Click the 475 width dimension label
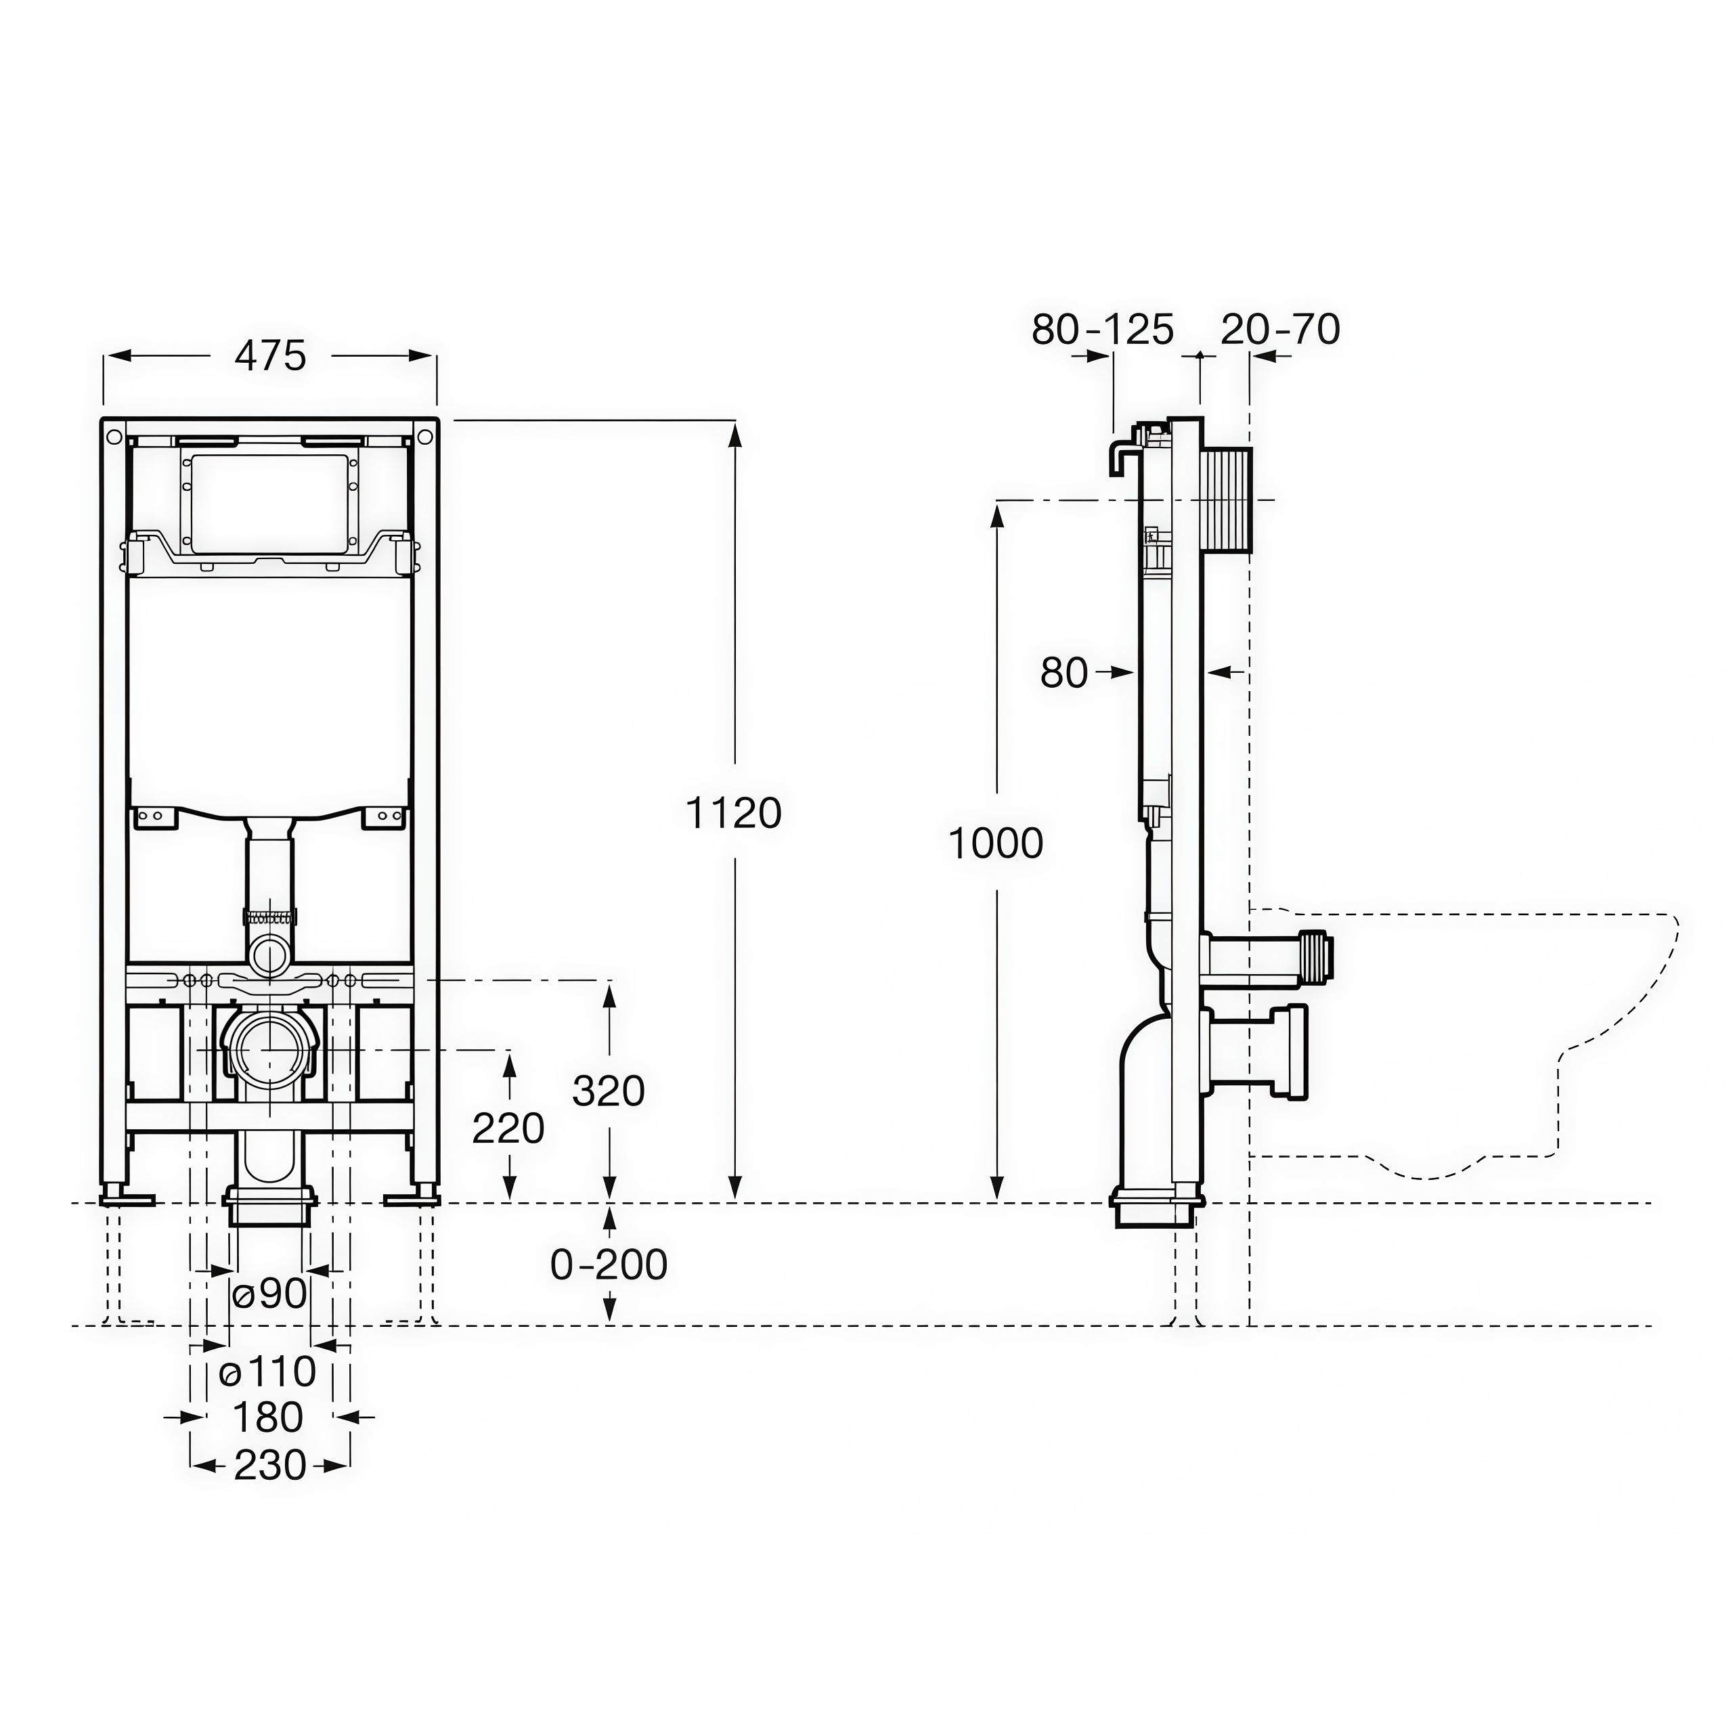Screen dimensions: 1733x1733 [270, 356]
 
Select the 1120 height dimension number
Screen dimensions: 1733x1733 [734, 814]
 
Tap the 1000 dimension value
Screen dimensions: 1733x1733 [996, 843]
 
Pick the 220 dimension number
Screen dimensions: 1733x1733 [508, 1128]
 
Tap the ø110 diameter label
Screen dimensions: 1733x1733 [268, 1372]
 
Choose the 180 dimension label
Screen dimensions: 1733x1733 [268, 1418]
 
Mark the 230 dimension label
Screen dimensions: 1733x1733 [270, 1466]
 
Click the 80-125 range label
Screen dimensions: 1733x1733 [1102, 329]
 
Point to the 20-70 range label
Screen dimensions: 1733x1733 [1280, 328]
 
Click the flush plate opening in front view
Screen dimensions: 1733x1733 [269, 502]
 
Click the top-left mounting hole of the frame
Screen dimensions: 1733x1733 [114, 438]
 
